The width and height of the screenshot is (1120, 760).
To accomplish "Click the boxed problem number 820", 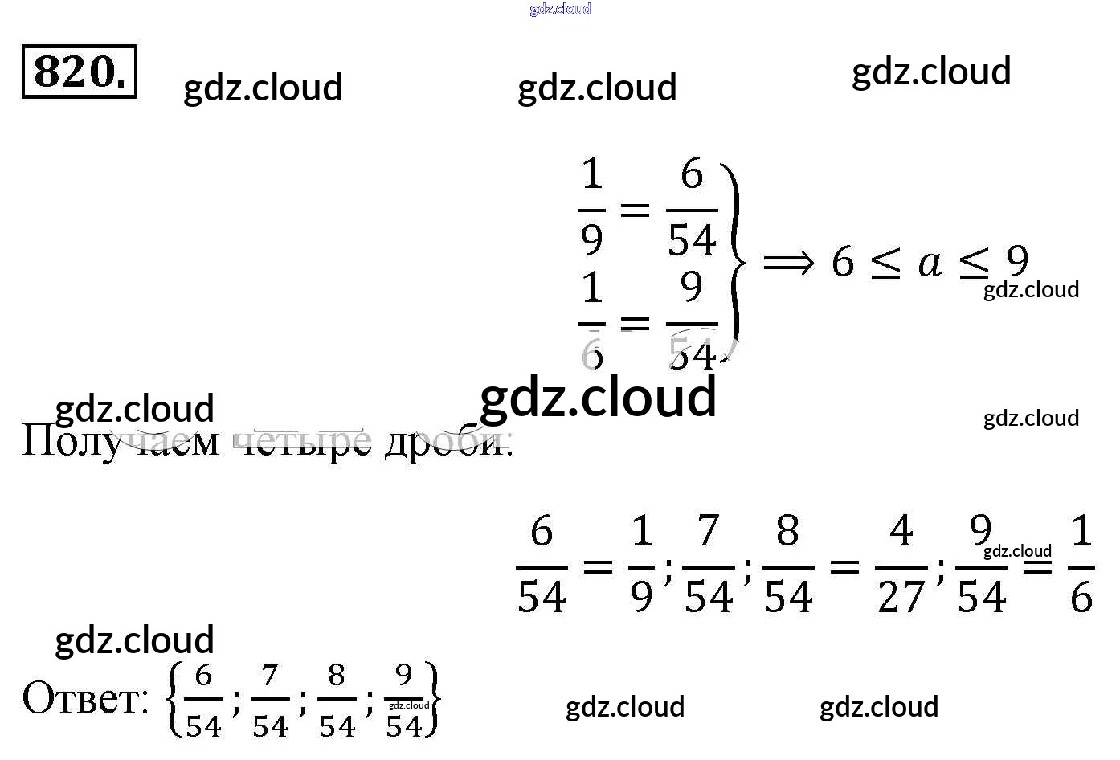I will pyautogui.click(x=79, y=72).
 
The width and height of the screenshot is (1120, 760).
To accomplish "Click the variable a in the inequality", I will pyautogui.click(x=930, y=263).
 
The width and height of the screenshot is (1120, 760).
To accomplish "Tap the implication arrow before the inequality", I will pyautogui.click(x=788, y=263).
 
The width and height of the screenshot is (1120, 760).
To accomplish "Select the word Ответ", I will pyautogui.click(x=85, y=698).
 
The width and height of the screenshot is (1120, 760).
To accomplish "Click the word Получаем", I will pyautogui.click(x=120, y=441).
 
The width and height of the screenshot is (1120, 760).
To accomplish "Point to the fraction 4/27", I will pyautogui.click(x=901, y=565).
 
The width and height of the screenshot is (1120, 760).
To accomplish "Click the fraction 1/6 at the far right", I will pyautogui.click(x=1081, y=565).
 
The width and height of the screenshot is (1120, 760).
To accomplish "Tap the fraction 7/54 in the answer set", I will pyautogui.click(x=270, y=700).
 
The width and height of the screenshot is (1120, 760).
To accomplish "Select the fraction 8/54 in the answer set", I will pyautogui.click(x=337, y=700).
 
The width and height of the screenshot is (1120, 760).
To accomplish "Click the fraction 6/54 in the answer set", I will pyautogui.click(x=203, y=700).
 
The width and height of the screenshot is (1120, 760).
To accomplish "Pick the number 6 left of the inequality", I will pyautogui.click(x=842, y=263).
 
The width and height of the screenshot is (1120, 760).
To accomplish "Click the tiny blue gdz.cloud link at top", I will pyautogui.click(x=560, y=9).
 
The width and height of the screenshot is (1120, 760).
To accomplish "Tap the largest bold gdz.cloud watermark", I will pyautogui.click(x=598, y=397).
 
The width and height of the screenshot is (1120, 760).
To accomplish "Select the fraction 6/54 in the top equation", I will pyautogui.click(x=692, y=208).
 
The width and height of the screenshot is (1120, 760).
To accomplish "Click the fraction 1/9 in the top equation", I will pyautogui.click(x=592, y=208).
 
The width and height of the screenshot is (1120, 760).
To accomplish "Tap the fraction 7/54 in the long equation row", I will pyautogui.click(x=708, y=565).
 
